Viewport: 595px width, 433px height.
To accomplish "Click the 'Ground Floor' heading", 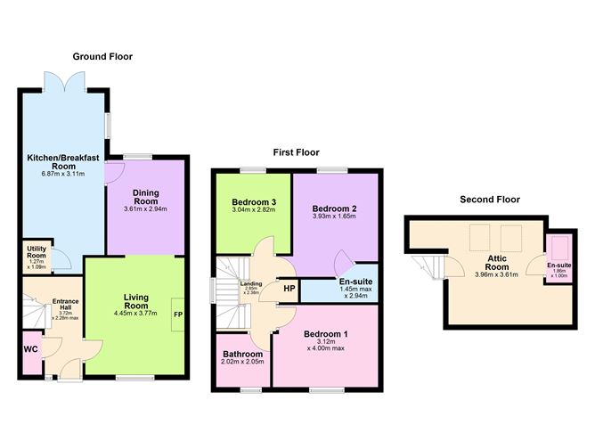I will [x=102, y=56].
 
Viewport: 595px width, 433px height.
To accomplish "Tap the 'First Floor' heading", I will [x=294, y=152].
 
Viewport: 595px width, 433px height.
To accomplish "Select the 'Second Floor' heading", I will [x=489, y=200].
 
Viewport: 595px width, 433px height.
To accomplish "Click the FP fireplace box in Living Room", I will [x=178, y=315].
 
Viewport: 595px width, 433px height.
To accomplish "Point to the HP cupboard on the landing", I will [x=289, y=289].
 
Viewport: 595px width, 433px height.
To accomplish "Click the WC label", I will [x=29, y=349].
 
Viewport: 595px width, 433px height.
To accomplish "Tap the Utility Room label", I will [x=37, y=251].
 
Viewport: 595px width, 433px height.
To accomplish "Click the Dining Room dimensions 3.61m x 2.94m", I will [x=145, y=208].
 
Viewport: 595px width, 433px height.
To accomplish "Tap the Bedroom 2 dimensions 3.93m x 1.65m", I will [x=333, y=216].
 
